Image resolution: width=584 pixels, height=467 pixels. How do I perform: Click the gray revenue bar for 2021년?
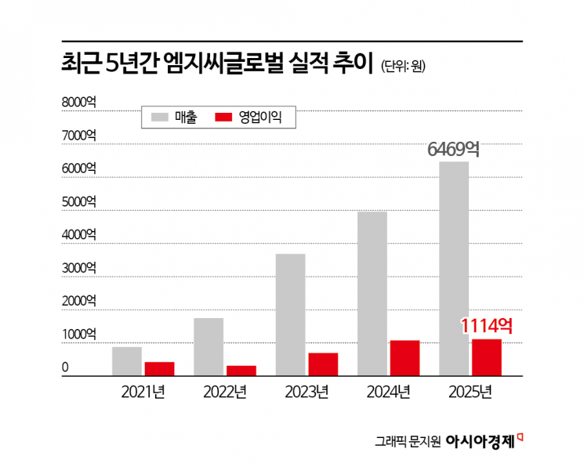[127, 361]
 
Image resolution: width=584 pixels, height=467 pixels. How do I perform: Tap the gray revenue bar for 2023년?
[290, 315]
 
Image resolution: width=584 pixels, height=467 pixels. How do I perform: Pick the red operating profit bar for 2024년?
[404, 358]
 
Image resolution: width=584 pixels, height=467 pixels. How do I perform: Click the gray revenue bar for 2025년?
[454, 269]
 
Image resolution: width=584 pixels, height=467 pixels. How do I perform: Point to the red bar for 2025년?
[486, 357]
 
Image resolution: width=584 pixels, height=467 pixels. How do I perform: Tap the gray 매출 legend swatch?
[159, 118]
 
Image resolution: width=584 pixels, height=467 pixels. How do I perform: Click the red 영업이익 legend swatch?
[223, 118]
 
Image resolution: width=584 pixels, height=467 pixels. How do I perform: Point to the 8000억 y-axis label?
[79, 102]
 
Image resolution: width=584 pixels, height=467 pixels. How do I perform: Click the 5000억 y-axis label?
[79, 201]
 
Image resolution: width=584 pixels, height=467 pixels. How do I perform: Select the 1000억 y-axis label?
[79, 335]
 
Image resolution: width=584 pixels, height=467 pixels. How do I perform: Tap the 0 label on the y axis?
[67, 367]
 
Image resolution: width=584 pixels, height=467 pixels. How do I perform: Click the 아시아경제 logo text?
[479, 441]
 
